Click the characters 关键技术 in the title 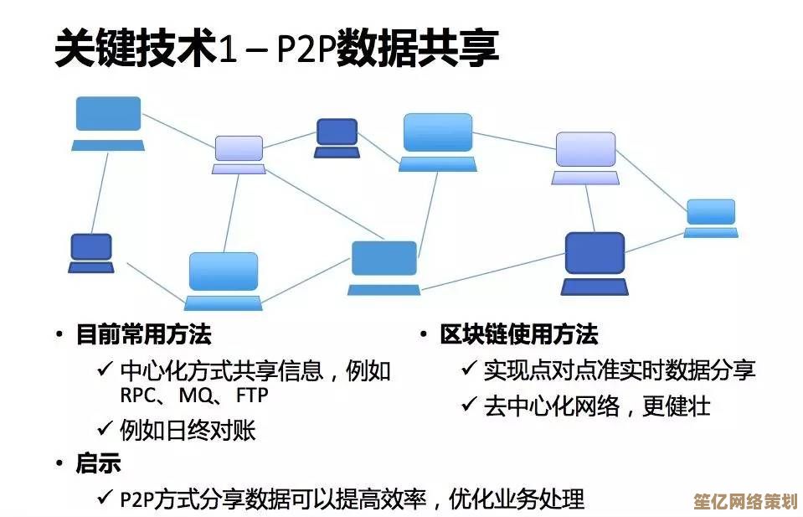pyautogui.click(x=134, y=49)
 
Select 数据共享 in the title pyautogui.click(x=418, y=49)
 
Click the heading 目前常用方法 pyautogui.click(x=143, y=335)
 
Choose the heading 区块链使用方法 pyautogui.click(x=519, y=335)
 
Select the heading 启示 pyautogui.click(x=98, y=463)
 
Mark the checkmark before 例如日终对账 pyautogui.click(x=105, y=430)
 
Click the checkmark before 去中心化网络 pyautogui.click(x=469, y=406)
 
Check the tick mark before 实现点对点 pyautogui.click(x=469, y=370)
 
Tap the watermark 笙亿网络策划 pyautogui.click(x=744, y=501)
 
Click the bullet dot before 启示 pyautogui.click(x=59, y=463)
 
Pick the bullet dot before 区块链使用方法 pyautogui.click(x=424, y=335)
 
